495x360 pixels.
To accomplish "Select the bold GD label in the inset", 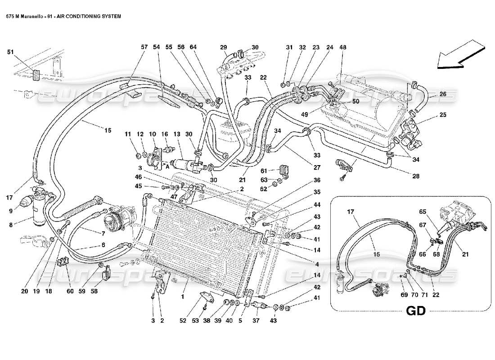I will pyautogui.click(x=417, y=311).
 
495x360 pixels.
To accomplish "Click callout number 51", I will pyautogui.click(x=10, y=52).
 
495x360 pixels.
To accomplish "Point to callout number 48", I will pyautogui.click(x=343, y=47).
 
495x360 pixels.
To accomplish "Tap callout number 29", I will pyautogui.click(x=223, y=47).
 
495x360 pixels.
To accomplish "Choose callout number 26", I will pyautogui.click(x=443, y=94).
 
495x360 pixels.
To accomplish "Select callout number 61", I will pyautogui.click(x=264, y=170).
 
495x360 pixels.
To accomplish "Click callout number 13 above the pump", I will pyautogui.click(x=176, y=134).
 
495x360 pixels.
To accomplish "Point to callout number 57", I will pyautogui.click(x=132, y=47).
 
